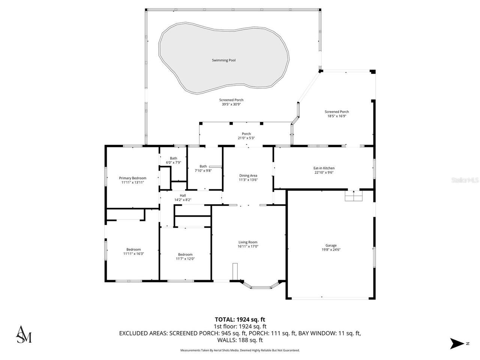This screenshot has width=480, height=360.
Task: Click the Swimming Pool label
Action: (223, 60)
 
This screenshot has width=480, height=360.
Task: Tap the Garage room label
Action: (331, 246)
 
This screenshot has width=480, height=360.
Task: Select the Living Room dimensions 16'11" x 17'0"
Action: (248, 246)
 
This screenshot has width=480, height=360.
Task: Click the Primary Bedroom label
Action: (132, 178)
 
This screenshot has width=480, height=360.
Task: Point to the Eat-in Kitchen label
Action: (324, 168)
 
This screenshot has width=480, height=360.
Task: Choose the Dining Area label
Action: (248, 175)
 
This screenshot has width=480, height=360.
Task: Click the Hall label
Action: (183, 195)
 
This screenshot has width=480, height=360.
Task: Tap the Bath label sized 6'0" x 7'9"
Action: (173, 158)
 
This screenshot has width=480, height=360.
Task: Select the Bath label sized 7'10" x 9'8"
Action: (203, 166)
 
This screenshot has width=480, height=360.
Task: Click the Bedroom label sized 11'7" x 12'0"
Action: (185, 255)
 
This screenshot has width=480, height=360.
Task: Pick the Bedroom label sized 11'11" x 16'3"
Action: (133, 250)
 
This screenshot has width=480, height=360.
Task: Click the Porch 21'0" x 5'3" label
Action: (246, 134)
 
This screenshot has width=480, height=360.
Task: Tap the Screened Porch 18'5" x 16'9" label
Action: (336, 112)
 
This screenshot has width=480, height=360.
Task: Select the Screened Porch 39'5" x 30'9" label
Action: (231, 100)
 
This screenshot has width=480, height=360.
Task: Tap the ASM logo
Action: (23, 334)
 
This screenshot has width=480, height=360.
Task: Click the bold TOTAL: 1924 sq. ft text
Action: (240, 319)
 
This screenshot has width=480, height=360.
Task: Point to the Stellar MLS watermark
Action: (465, 180)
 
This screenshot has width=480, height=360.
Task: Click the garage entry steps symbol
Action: (354, 196)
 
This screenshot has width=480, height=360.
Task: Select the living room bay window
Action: (260, 286)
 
